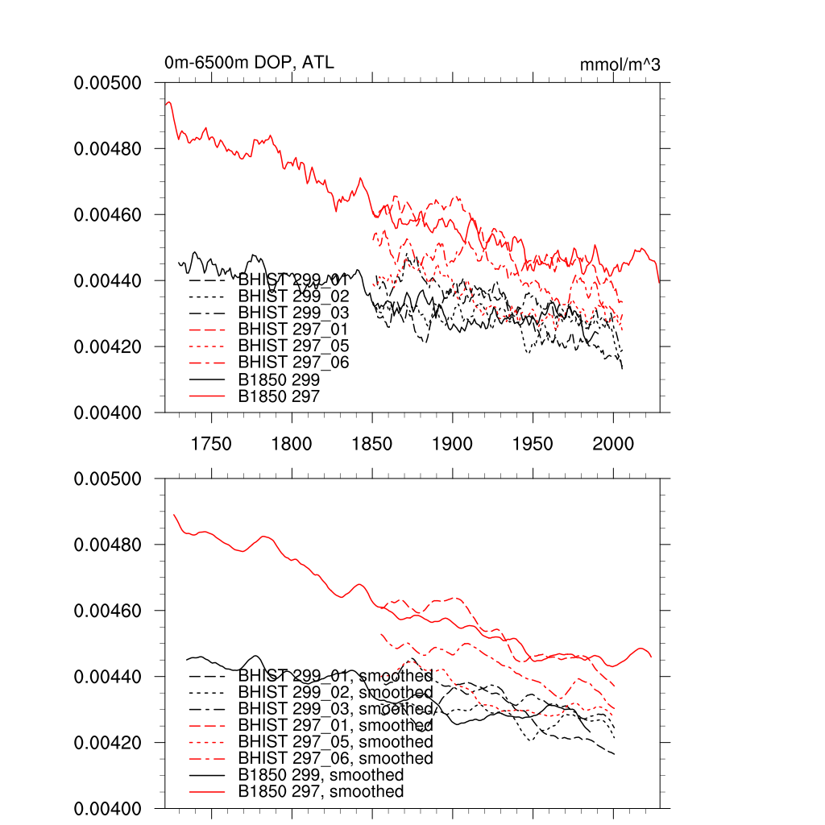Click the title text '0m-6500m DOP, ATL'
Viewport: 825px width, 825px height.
249,63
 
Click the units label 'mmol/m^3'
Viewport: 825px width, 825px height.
620,64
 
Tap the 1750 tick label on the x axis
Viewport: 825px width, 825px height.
212,444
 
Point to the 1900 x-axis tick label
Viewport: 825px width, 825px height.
453,444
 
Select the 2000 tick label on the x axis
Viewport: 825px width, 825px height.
613,444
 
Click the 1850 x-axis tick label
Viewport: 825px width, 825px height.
372,444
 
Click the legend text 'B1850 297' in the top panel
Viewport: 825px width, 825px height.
279,396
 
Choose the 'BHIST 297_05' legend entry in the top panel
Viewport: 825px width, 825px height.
294,346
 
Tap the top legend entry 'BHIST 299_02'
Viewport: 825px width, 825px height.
294,296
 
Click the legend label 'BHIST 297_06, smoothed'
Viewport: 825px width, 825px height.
335,759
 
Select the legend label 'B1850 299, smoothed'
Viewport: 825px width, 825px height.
321,775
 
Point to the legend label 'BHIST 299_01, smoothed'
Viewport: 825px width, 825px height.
335,676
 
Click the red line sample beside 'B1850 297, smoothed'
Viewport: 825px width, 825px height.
208,792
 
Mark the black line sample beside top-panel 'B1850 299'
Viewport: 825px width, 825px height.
208,379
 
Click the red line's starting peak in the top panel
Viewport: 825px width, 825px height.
168,102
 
